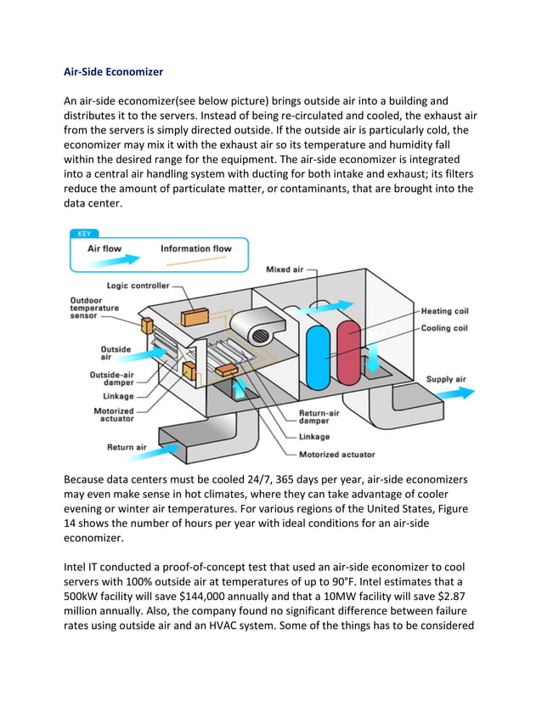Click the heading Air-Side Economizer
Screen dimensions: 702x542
[x=114, y=72]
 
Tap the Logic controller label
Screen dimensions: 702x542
[x=138, y=286]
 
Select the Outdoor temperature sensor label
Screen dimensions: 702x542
[x=94, y=307]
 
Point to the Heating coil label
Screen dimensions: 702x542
[x=444, y=312]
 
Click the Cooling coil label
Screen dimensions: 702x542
[x=444, y=328]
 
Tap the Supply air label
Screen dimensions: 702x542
[x=445, y=379]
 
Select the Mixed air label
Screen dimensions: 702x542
[x=284, y=269]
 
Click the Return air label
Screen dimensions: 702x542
[x=127, y=447]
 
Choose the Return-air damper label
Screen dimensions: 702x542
[x=319, y=417]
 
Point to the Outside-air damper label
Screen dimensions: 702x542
[x=111, y=379]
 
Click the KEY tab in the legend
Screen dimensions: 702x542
[x=84, y=233]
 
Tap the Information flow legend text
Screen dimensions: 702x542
[x=196, y=249]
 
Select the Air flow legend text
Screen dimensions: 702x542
[x=104, y=249]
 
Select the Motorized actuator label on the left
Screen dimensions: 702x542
[x=114, y=416]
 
